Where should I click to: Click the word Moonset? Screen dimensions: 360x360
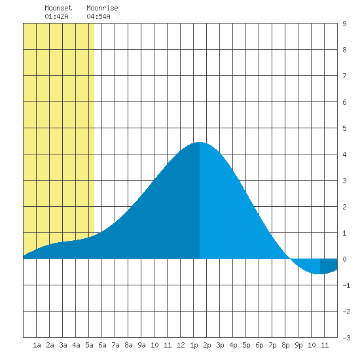point(58,8)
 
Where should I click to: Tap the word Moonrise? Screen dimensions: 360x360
point(102,8)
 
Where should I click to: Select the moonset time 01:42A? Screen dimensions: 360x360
point(56,16)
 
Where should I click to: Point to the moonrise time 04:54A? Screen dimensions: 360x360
point(98,16)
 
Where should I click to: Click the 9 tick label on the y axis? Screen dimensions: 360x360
point(344,24)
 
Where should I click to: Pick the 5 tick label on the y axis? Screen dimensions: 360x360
point(344,128)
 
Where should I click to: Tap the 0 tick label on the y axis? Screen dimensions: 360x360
point(344,259)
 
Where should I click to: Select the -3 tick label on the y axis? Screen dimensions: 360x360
point(346,338)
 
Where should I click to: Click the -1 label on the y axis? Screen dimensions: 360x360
point(346,285)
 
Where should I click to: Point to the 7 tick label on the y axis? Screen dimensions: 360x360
point(344,76)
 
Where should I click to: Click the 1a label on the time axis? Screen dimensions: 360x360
point(37,345)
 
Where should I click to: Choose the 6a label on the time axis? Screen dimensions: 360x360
point(102,345)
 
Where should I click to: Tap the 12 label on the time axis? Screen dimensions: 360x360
point(181,345)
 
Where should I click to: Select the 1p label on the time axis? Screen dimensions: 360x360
point(194,345)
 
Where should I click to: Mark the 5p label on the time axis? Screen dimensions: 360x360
point(246,345)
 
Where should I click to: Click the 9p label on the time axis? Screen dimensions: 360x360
point(298,345)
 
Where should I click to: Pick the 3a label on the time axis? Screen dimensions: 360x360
point(63,345)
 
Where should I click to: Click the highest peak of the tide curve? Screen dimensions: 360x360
point(199,142)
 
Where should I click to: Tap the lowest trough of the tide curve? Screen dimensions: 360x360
point(319,274)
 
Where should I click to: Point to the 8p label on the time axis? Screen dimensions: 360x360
point(285,345)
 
